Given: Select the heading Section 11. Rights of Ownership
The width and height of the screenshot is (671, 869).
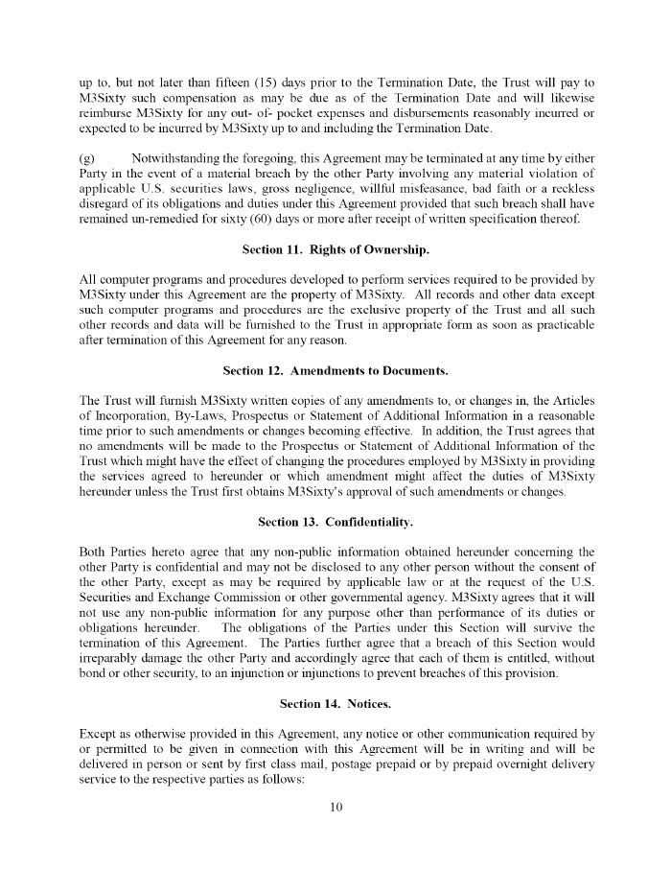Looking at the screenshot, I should coord(335,251).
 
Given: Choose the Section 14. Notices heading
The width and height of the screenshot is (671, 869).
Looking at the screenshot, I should coord(335,704).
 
